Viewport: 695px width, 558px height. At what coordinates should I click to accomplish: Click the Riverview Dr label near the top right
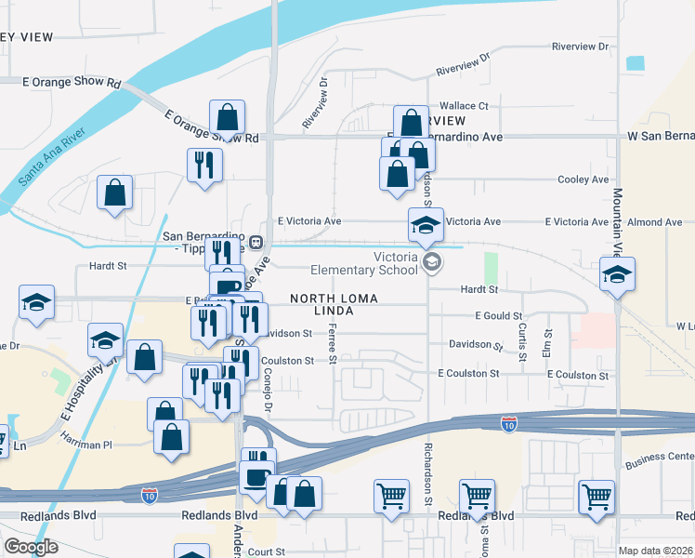point(579,46)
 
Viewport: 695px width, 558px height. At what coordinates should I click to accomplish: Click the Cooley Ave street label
point(583,179)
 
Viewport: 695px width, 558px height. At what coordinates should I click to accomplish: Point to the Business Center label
point(659,458)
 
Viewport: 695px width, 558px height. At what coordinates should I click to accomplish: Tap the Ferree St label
point(332,346)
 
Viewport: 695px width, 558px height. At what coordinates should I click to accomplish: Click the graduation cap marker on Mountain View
point(617,274)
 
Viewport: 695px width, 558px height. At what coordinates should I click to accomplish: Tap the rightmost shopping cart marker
point(596,496)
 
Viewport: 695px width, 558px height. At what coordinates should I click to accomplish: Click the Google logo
point(30,547)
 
